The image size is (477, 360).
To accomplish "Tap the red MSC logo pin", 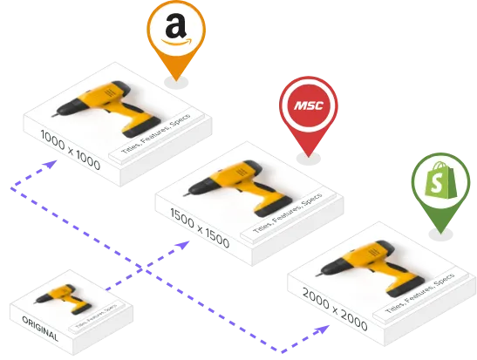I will pyautogui.click(x=308, y=107).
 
